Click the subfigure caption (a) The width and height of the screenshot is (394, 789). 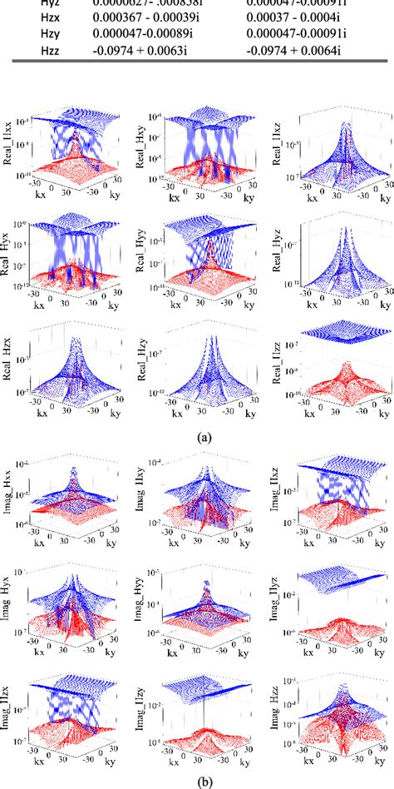pos(196,435)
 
